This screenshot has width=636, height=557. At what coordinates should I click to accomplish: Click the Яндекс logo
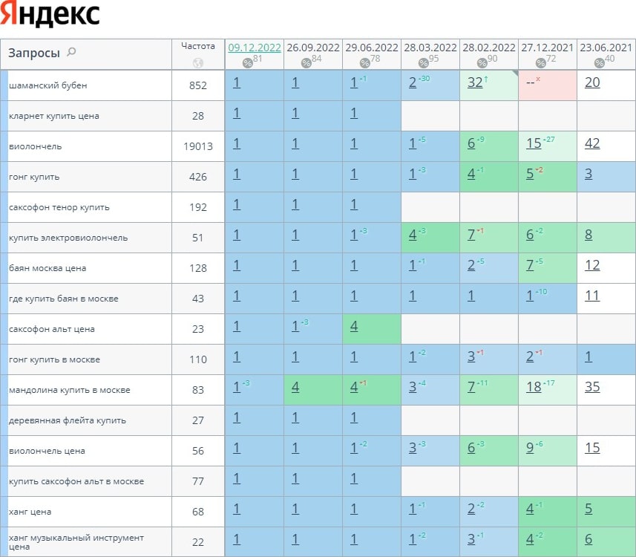50,15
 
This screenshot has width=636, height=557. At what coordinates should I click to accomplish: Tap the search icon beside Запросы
71,52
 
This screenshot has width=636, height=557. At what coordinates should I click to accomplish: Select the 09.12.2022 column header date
255,48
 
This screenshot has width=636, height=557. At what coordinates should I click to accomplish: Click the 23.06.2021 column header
606,48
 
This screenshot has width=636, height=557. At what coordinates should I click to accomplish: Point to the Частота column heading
198,46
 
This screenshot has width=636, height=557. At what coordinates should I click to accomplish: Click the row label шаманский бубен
48,85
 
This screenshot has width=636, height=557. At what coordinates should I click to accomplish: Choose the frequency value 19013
198,146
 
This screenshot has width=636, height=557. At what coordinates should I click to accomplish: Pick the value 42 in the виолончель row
592,143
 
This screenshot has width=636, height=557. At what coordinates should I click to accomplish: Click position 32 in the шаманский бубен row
476,82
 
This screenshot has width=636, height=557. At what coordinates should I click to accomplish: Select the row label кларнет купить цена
54,116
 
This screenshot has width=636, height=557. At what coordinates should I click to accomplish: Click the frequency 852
198,85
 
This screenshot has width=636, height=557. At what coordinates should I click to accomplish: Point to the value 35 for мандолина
592,387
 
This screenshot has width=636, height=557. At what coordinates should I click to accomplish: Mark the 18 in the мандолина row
534,387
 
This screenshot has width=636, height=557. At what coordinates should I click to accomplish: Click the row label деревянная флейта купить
68,420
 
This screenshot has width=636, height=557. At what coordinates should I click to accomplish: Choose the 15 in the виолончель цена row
592,448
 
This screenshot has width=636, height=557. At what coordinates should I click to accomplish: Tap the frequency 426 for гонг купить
198,177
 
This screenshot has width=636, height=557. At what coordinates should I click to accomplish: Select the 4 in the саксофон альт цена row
354,326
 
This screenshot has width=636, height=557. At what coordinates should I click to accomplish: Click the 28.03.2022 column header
430,48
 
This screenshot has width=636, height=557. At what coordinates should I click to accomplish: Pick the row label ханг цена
30,512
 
